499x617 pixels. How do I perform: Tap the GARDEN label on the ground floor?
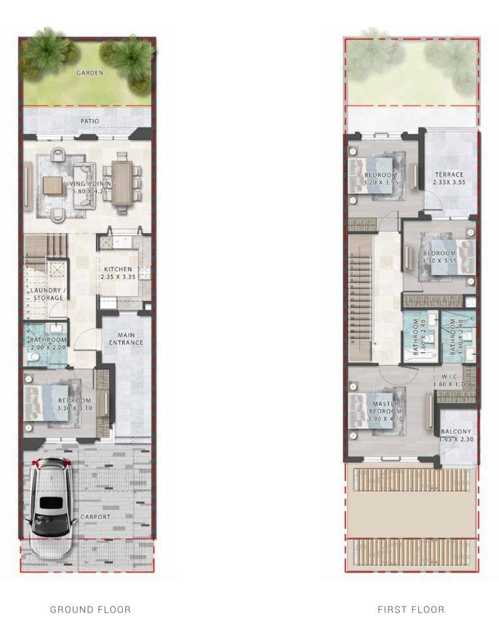[90, 73]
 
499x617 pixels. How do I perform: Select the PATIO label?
[90, 121]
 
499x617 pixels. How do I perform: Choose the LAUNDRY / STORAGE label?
[46, 294]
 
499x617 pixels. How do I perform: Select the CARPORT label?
[96, 517]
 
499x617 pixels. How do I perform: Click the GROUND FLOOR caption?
[90, 609]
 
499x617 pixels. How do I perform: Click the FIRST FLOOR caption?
[411, 609]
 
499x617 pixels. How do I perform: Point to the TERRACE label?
[449, 174]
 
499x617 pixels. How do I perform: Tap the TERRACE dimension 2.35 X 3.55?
[449, 183]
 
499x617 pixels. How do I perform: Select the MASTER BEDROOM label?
[385, 408]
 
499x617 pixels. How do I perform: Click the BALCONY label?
[455, 432]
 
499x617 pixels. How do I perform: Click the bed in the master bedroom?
[375, 410]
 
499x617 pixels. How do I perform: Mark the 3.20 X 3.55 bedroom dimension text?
[380, 183]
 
